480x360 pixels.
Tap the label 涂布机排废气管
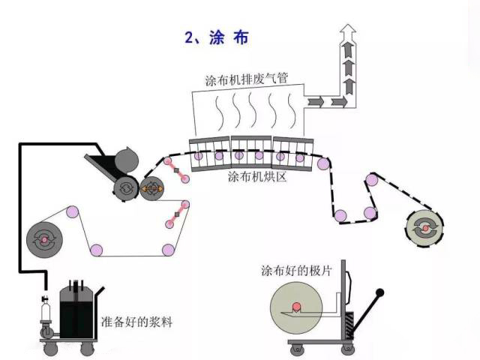coord(247,79)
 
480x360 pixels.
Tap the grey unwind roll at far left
coord(44,238)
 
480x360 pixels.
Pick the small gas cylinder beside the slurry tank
coord(46,310)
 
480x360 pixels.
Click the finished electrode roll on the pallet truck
coord(298,307)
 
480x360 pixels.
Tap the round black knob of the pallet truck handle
coord(379,292)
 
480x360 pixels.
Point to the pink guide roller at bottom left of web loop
coord(96,250)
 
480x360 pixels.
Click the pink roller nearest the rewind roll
coord(371,180)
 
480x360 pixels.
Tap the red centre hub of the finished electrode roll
coord(297,307)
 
